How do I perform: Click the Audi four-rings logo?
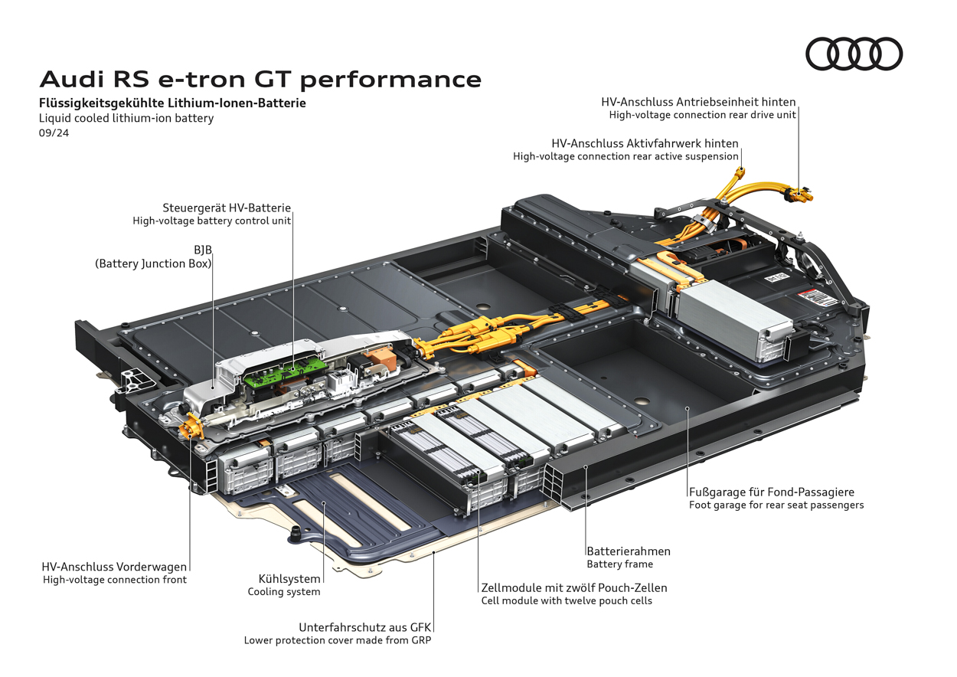pyautogui.click(x=854, y=54)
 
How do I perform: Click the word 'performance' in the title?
pyautogui.click(x=403, y=79)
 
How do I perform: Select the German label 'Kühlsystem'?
pyautogui.click(x=289, y=578)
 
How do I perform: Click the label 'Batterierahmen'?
pyautogui.click(x=629, y=551)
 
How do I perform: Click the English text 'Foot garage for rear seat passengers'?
pyautogui.click(x=776, y=505)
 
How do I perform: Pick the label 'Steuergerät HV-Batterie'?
pyautogui.click(x=227, y=208)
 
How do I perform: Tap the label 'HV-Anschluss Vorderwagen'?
pyautogui.click(x=114, y=567)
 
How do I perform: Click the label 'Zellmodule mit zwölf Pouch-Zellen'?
pyautogui.click(x=574, y=587)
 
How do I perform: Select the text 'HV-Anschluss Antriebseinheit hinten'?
pyautogui.click(x=698, y=101)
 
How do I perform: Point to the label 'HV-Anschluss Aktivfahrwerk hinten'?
pyautogui.click(x=645, y=143)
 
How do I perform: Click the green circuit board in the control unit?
pyautogui.click(x=279, y=373)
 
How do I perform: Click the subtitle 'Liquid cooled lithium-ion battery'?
pyautogui.click(x=126, y=118)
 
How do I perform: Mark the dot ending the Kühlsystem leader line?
pyautogui.click(x=325, y=503)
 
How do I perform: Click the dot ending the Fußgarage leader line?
pyautogui.click(x=688, y=410)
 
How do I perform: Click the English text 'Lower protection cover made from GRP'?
pyautogui.click(x=338, y=640)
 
